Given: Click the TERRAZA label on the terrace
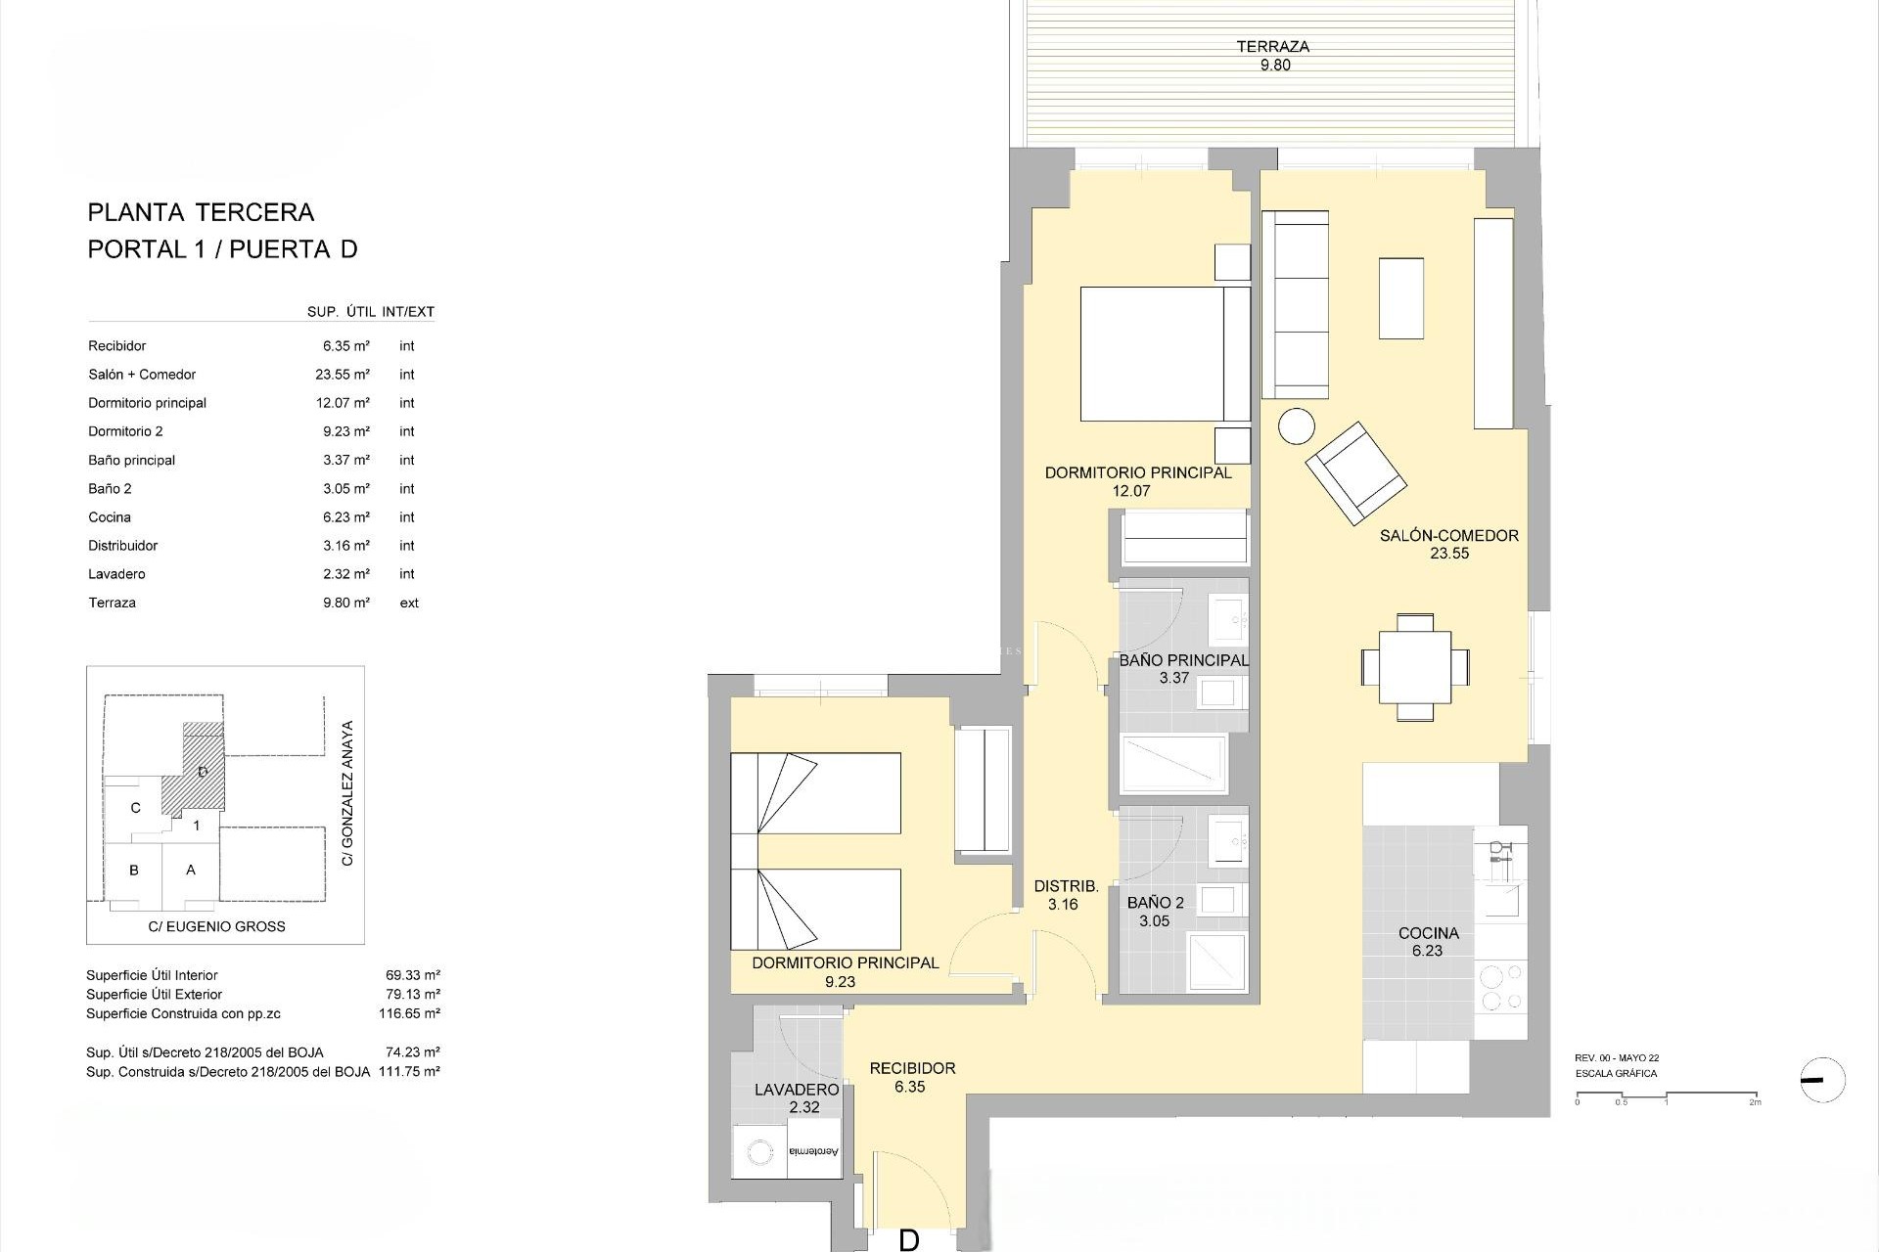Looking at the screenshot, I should (1272, 47).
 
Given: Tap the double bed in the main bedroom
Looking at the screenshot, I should (1165, 354).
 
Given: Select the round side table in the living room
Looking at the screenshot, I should (1297, 426).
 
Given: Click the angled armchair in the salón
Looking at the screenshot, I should (1355, 472).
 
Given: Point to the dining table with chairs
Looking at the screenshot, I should (1414, 667).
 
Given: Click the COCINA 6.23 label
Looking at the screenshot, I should (1428, 941).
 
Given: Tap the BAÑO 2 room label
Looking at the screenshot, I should (1155, 903).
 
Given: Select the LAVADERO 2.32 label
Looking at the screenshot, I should (797, 1097).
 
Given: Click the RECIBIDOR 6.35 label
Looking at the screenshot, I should (911, 1077).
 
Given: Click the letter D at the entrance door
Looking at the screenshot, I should (908, 1239).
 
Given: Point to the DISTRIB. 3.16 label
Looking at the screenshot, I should (1065, 895).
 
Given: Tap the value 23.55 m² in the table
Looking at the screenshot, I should (345, 375).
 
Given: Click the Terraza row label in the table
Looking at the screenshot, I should (113, 603).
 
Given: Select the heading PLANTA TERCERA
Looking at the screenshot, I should (201, 212).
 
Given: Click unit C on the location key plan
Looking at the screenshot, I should (135, 808).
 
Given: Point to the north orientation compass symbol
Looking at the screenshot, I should (1821, 1081).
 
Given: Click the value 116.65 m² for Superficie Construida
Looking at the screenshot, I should (409, 1013).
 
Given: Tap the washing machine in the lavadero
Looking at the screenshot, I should (760, 1154).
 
